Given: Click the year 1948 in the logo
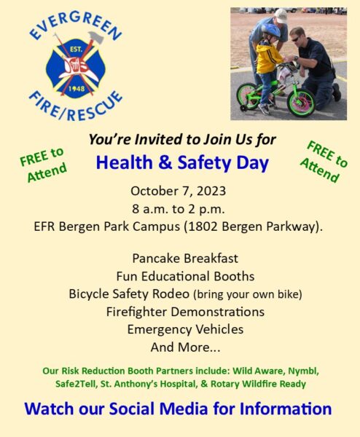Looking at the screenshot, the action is (77, 89).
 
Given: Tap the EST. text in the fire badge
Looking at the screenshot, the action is (76, 50).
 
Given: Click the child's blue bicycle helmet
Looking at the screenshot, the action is (270, 30).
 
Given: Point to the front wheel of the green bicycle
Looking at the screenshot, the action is (301, 102).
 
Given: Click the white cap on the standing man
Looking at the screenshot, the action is (281, 15).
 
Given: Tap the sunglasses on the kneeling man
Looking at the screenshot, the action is (295, 39).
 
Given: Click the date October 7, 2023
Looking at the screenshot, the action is (179, 191).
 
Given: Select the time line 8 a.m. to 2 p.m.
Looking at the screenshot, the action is (179, 209).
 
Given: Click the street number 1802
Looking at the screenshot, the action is (203, 227).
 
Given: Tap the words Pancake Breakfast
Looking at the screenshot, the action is (185, 259).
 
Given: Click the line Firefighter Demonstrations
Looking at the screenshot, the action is (185, 312).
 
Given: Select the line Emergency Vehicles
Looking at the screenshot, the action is (185, 329).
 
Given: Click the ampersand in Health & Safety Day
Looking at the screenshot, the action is (165, 162).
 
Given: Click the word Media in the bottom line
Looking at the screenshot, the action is (184, 409).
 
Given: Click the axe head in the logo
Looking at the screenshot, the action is (96, 37).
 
